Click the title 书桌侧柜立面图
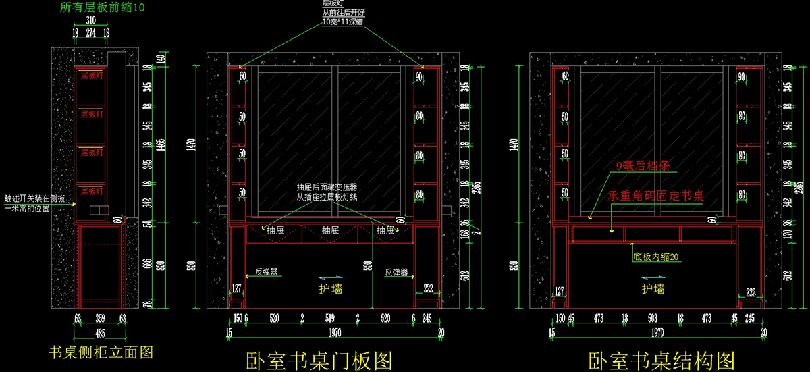click(x=101, y=352)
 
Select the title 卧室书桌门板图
click(x=319, y=361)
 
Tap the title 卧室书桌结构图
click(x=661, y=361)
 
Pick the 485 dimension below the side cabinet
click(x=99, y=333)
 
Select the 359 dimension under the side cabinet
click(x=100, y=318)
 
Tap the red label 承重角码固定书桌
click(x=656, y=196)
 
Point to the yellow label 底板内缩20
click(x=656, y=257)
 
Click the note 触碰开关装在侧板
click(x=36, y=199)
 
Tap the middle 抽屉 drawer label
click(x=331, y=230)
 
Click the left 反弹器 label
click(x=267, y=273)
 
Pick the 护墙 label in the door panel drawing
click(x=331, y=289)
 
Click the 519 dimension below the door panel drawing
click(x=330, y=318)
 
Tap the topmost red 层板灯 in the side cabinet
click(x=91, y=76)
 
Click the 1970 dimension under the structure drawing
click(x=657, y=332)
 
